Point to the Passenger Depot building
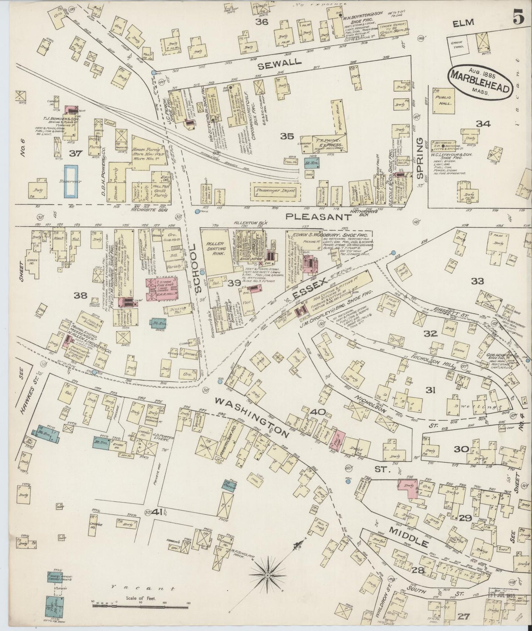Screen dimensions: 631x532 (x=275, y=191)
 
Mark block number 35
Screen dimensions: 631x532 (x=287, y=136)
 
